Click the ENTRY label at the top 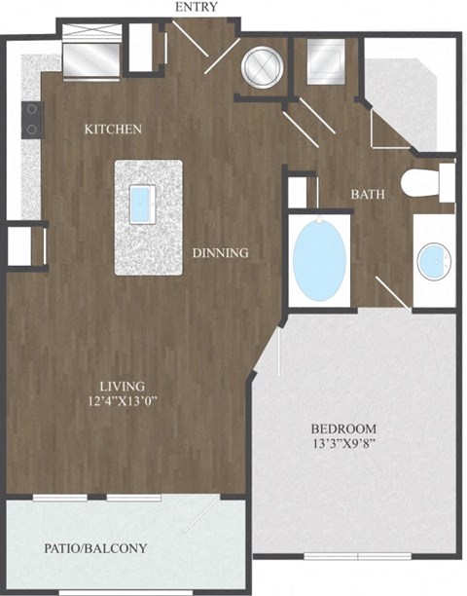tap(196, 8)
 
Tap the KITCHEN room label tap(114, 129)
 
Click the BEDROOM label tap(343, 428)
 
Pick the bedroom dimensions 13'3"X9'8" tap(343, 446)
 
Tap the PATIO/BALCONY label tap(96, 548)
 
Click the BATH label tap(368, 194)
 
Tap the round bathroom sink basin tap(432, 261)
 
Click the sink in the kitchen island tap(142, 203)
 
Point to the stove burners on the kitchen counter tap(32, 119)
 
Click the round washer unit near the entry tap(262, 66)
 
